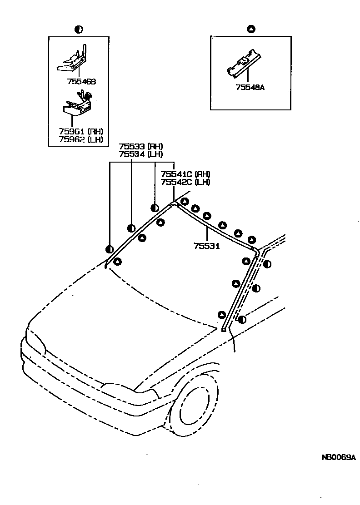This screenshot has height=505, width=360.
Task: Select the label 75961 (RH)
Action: pyautogui.click(x=81, y=132)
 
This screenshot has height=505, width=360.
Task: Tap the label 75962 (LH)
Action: pyautogui.click(x=81, y=140)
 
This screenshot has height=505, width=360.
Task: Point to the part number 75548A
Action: pyautogui.click(x=250, y=88)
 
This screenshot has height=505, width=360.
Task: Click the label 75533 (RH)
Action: pyautogui.click(x=140, y=147)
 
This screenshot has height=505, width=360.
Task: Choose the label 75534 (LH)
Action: pyautogui.click(x=140, y=154)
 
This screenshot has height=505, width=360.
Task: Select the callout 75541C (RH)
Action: pyautogui.click(x=185, y=174)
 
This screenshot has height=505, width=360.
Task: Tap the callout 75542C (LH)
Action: pyautogui.click(x=185, y=182)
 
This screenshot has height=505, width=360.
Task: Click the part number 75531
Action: pyautogui.click(x=207, y=246)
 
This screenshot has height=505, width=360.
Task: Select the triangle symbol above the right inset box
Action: pyautogui.click(x=250, y=30)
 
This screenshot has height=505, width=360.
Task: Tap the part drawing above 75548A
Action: pyautogui.click(x=244, y=64)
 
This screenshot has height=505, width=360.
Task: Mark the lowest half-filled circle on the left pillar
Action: pyautogui.click(x=109, y=249)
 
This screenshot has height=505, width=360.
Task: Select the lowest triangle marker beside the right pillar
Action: pyautogui.click(x=222, y=315)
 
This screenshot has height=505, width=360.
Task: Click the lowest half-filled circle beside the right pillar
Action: pyautogui.click(x=242, y=320)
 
